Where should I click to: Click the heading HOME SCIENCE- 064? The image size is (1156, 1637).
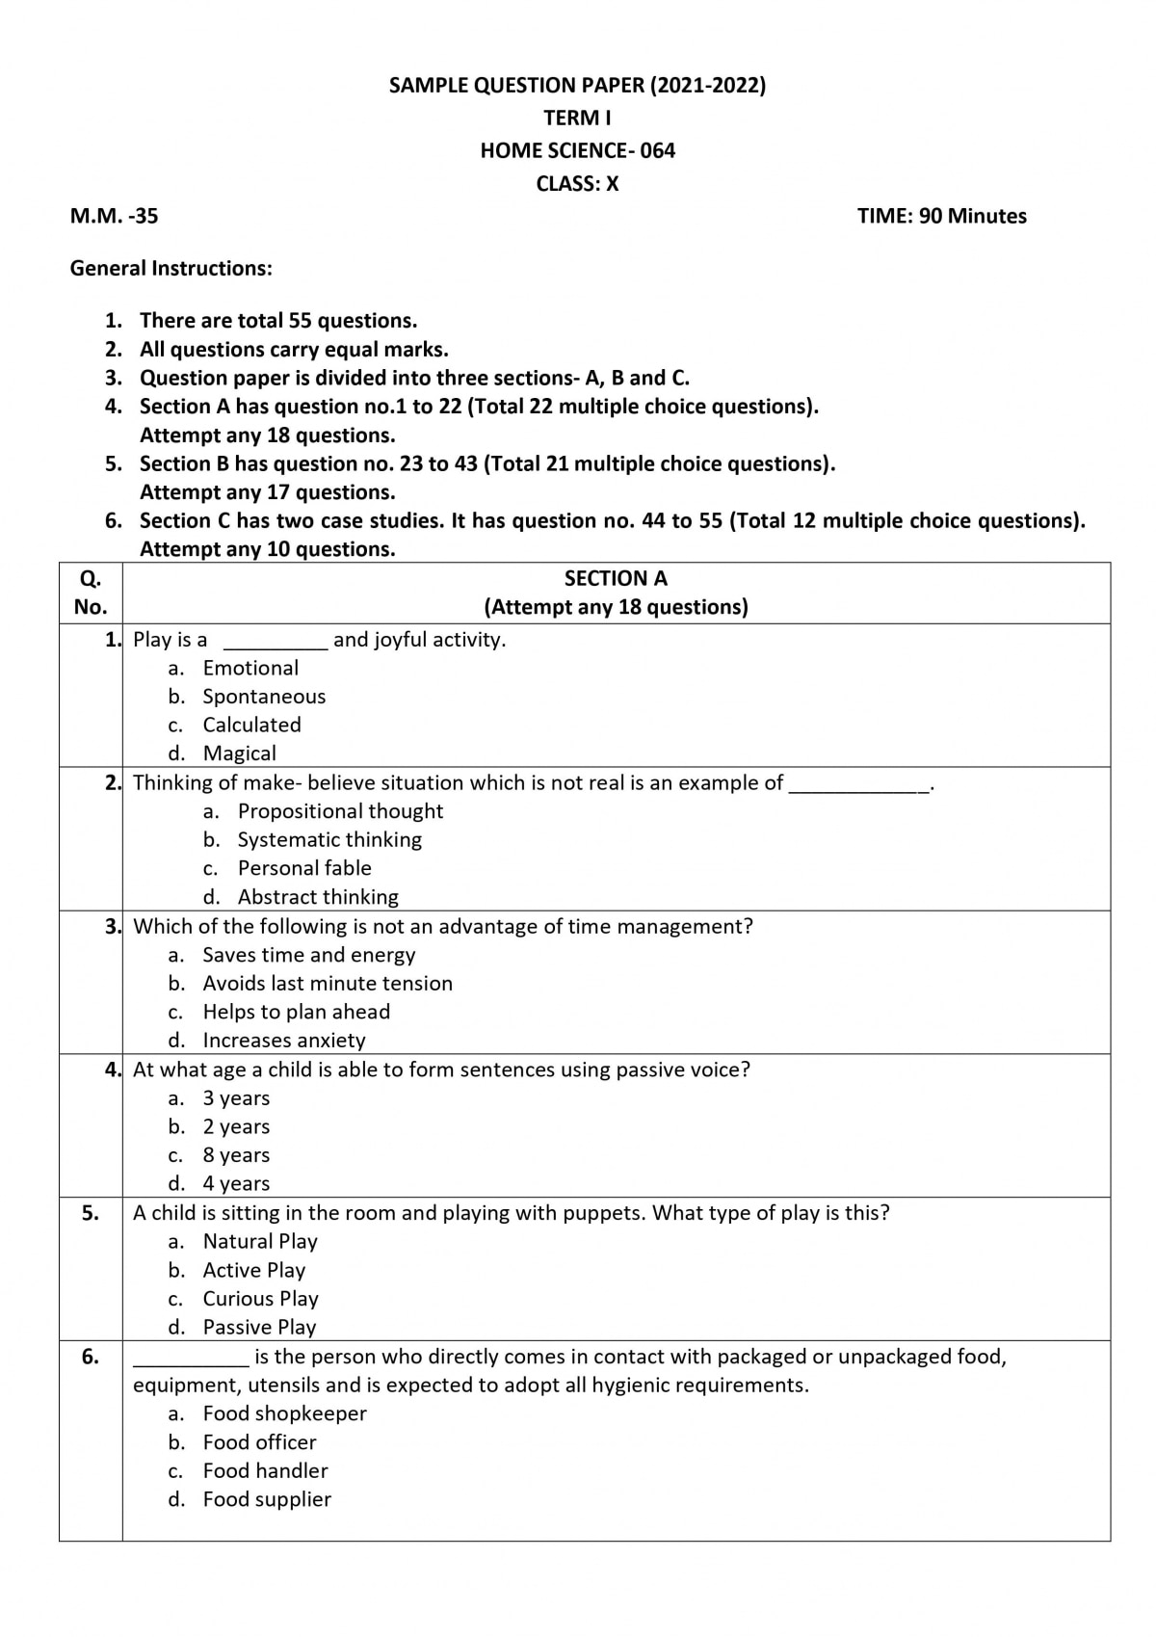577,150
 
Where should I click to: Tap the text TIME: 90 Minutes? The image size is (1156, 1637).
941,216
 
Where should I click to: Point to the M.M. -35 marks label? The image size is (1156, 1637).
114,216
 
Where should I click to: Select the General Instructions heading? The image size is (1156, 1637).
171,268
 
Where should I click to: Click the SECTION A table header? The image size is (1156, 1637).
616,578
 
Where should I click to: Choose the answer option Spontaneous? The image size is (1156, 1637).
264,696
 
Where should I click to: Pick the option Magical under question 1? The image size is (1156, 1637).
239,752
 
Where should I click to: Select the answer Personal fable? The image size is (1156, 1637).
304,867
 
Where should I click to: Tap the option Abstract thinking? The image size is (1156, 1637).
318,896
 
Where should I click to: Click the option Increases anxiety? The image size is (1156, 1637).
284,1040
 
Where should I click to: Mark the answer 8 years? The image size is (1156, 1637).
236,1154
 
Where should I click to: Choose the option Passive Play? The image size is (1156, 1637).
259,1327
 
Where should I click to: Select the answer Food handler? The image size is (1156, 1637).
265,1470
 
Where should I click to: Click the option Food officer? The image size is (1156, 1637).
259,1441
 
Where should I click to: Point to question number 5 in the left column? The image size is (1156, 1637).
91,1213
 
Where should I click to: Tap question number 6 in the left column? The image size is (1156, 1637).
91,1357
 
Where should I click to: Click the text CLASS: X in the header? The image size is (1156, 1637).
577,183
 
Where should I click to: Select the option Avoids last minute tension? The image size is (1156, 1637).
328,983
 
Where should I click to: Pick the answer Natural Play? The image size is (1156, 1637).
260,1241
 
